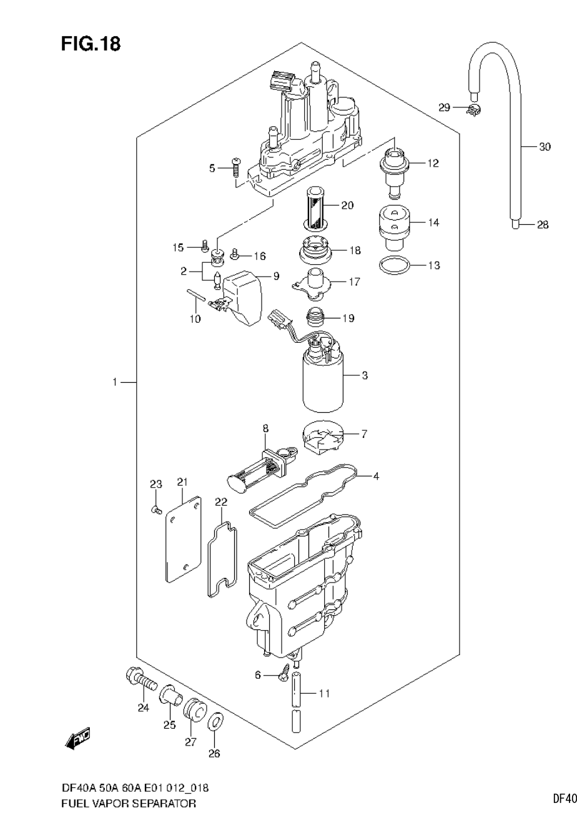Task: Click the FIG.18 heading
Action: point(91,44)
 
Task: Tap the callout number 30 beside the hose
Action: point(545,147)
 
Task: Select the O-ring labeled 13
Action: point(395,265)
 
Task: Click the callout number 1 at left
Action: point(115,382)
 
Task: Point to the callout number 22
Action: point(221,502)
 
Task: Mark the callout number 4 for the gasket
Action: point(376,476)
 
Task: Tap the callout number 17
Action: point(354,282)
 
